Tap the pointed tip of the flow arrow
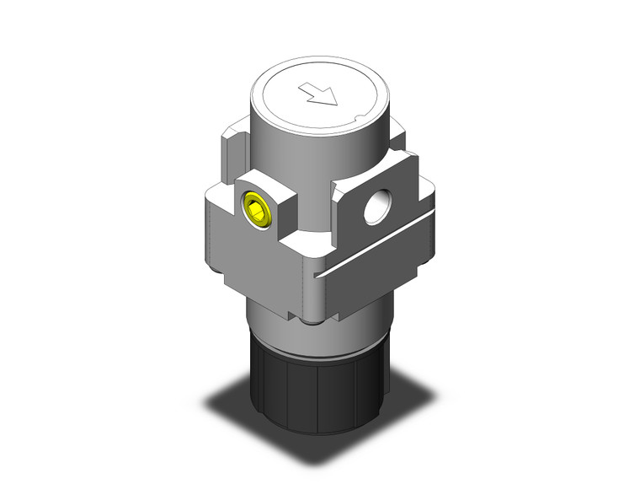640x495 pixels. pos(336,104)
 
